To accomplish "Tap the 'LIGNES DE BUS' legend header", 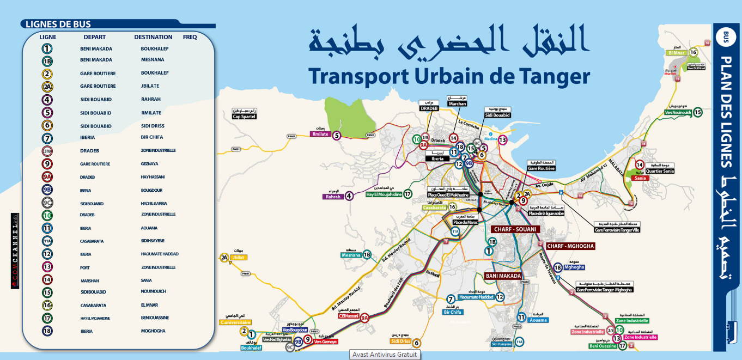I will [56, 24].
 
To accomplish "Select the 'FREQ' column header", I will [190, 37].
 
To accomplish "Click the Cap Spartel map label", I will [244, 117].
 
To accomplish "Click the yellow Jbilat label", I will [238, 258].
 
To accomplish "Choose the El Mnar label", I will [676, 53].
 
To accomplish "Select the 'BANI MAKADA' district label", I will [503, 276].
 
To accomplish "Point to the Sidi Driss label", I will [400, 341].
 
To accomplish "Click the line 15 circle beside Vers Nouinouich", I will [698, 112].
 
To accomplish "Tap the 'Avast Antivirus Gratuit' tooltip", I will [385, 355].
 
